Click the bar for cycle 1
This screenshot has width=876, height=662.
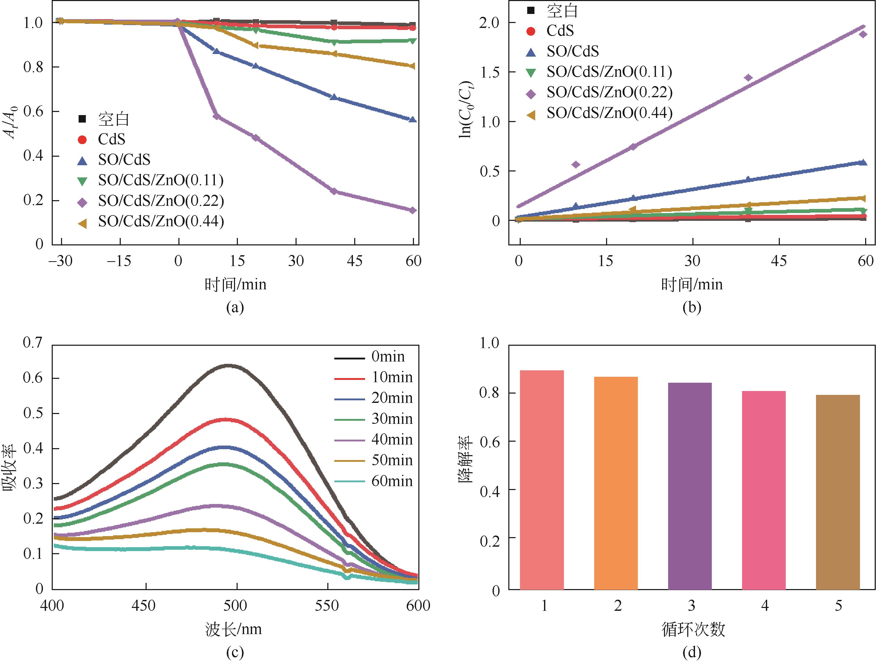(x=541, y=479)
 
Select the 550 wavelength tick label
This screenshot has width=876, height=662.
(x=327, y=605)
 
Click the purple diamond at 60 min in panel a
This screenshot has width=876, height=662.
(x=413, y=210)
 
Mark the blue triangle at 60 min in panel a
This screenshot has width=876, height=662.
(x=413, y=119)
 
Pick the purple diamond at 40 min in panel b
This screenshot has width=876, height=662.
(x=748, y=78)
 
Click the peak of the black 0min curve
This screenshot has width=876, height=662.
(x=229, y=365)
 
